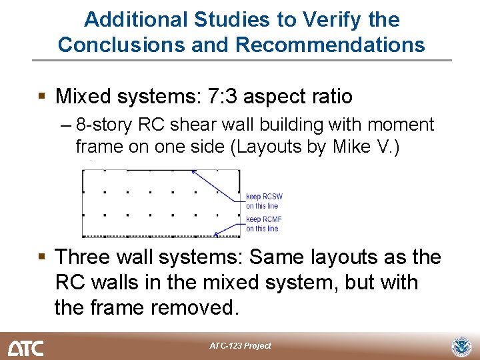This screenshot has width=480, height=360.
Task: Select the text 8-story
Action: tap(101, 125)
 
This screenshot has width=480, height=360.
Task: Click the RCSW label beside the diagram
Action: tap(272, 197)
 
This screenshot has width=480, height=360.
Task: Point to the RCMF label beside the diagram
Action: tap(272, 219)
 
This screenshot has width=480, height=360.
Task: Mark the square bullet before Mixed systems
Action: tap(42, 97)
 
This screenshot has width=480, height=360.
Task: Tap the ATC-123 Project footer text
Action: tap(240, 346)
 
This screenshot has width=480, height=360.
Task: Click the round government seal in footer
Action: tap(461, 347)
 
